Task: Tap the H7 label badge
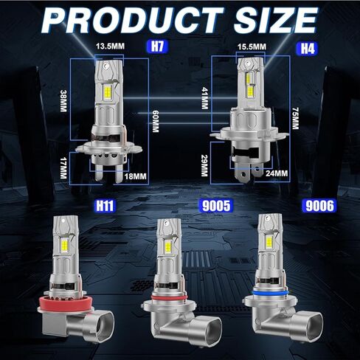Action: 156,46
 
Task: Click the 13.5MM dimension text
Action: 110,46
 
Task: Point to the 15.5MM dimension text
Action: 249,46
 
